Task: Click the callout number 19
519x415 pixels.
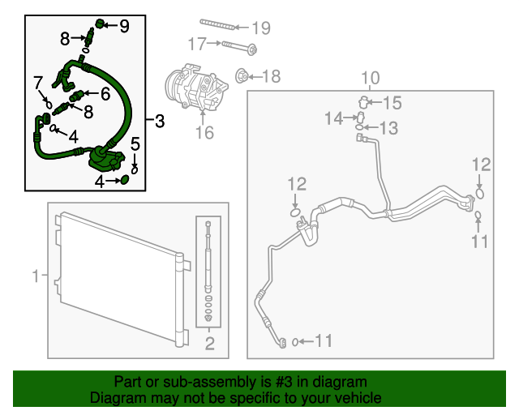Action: (x=261, y=28)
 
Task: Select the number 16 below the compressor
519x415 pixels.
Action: (x=204, y=133)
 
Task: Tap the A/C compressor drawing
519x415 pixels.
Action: (x=196, y=87)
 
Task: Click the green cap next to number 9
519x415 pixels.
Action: (x=100, y=24)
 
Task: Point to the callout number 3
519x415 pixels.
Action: (x=160, y=121)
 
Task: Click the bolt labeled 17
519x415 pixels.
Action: (x=239, y=47)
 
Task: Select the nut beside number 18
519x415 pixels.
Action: (x=242, y=77)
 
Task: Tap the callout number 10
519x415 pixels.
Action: (x=371, y=78)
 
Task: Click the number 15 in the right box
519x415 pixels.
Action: (x=392, y=103)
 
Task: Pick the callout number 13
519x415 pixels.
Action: (x=388, y=128)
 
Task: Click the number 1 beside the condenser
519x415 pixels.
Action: (x=36, y=276)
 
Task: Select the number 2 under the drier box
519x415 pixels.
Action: (x=210, y=344)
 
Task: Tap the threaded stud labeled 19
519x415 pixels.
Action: (x=218, y=24)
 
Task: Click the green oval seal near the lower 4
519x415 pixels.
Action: (x=124, y=180)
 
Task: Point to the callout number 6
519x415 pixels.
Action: (x=105, y=94)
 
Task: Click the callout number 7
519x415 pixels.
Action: (x=38, y=83)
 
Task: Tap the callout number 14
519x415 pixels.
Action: (x=333, y=118)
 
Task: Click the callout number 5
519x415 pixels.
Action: (x=135, y=144)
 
